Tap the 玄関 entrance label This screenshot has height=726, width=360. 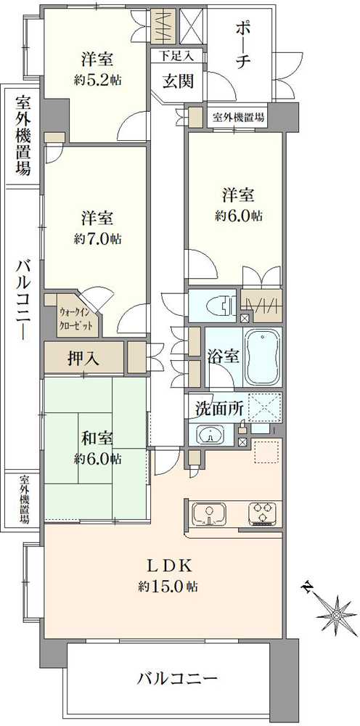[x=177, y=81]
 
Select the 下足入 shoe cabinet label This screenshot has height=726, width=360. [x=177, y=55]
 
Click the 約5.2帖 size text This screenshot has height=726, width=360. [x=97, y=79]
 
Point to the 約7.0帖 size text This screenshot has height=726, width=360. [x=97, y=239]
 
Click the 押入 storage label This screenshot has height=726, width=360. [x=86, y=357]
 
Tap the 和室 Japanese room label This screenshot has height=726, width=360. [x=97, y=439]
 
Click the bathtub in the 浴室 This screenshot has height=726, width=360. [x=263, y=358]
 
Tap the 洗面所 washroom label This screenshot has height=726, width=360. [x=218, y=408]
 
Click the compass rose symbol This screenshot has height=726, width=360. [x=336, y=614]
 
